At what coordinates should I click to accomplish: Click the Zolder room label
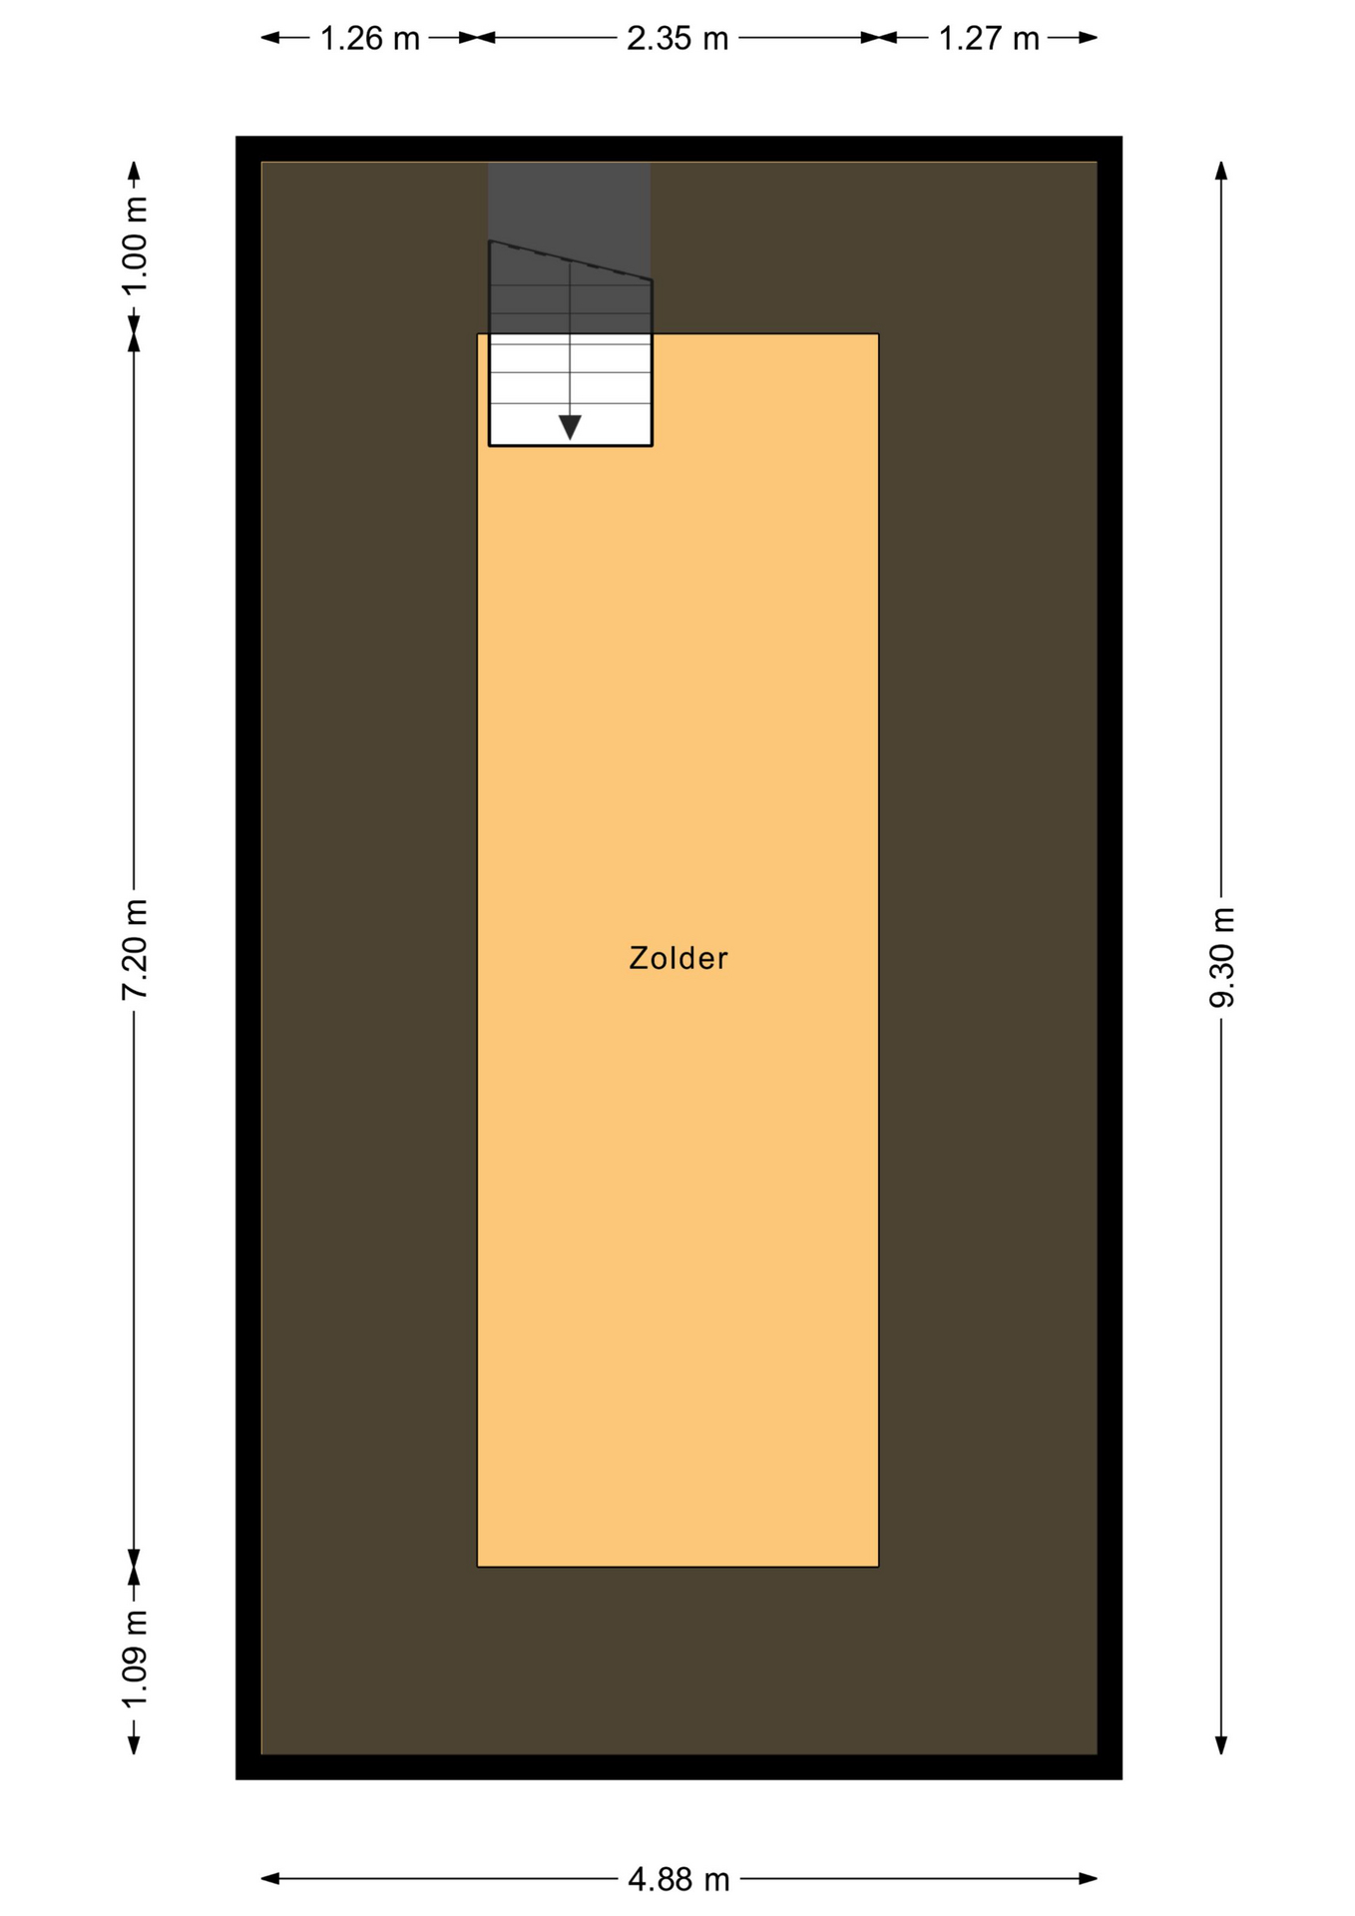(677, 958)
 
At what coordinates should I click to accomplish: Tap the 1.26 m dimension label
(369, 39)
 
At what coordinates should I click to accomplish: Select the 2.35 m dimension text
(677, 39)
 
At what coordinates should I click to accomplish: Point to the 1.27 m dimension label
(989, 39)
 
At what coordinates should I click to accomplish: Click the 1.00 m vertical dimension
(135, 245)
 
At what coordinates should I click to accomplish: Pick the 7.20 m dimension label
(135, 949)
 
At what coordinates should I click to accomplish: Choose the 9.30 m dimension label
(1221, 958)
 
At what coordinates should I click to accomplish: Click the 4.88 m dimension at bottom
(678, 1880)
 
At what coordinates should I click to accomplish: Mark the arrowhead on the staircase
(570, 427)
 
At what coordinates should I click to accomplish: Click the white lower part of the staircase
(570, 389)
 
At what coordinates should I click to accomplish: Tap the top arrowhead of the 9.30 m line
(1221, 171)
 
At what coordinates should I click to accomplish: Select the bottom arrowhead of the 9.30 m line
(1221, 1744)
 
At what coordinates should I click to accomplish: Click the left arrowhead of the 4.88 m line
(270, 1879)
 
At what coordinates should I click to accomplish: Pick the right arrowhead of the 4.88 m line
(1088, 1879)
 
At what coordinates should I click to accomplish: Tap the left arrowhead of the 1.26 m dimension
(270, 38)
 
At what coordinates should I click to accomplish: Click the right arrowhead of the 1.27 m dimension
(1088, 38)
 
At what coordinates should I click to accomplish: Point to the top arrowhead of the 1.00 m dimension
(135, 171)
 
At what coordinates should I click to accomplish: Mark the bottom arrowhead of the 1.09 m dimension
(135, 1744)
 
